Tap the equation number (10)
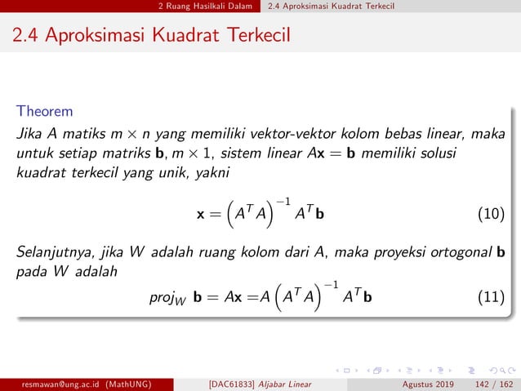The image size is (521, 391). click(489, 215)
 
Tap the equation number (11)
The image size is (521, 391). click(489, 296)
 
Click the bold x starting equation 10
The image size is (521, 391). click(200, 215)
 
